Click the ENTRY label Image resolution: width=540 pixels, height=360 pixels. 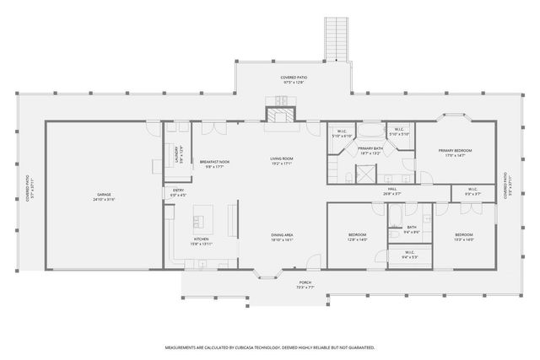(179, 190)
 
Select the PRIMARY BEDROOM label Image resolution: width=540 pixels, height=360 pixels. (455, 151)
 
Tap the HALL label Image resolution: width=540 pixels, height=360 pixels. (392, 189)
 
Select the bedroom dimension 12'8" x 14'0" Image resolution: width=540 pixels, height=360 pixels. (358, 239)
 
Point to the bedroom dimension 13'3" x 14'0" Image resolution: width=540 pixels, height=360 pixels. (464, 239)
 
